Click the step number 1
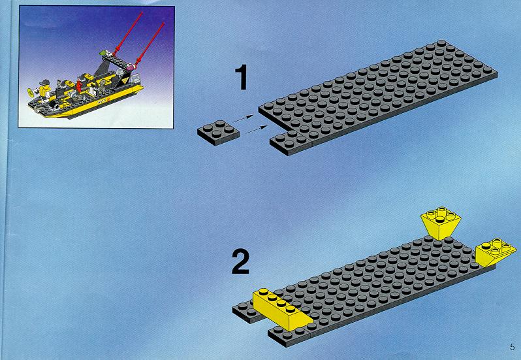coord(241,78)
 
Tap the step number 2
coord(240,262)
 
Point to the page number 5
coord(512,347)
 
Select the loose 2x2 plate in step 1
coord(218,132)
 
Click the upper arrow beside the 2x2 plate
coord(243,119)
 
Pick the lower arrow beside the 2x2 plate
coord(257,129)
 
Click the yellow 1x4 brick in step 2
coord(282,310)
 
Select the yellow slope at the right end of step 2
coord(496,252)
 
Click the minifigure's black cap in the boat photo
coord(44,82)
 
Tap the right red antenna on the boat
coord(150,44)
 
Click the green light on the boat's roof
coord(104,52)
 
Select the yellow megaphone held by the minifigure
coord(31,91)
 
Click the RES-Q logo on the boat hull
coord(104,101)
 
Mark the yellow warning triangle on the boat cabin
coord(125,80)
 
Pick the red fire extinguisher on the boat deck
coord(79,86)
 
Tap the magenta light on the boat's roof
coord(129,67)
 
